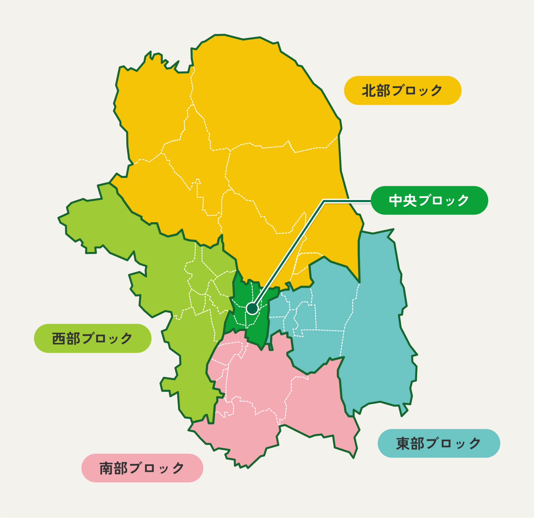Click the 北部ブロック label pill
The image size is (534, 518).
point(403,90)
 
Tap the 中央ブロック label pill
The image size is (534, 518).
point(429,200)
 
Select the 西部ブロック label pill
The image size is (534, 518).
point(92,338)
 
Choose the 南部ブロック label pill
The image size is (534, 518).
point(142,468)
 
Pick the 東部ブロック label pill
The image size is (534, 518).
point(439,443)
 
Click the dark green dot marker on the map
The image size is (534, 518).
point(252,308)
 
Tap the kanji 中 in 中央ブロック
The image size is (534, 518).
point(395,201)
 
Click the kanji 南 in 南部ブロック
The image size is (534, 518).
point(106,468)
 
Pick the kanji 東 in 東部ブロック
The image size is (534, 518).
point(403,444)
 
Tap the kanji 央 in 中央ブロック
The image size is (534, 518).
point(410,201)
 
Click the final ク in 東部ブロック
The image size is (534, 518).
point(475,444)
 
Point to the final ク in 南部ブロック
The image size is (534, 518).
point(178,468)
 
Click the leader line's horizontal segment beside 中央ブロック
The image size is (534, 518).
point(347,201)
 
